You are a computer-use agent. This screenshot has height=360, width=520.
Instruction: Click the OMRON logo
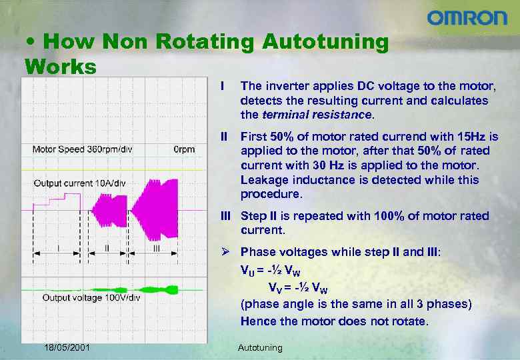(467, 18)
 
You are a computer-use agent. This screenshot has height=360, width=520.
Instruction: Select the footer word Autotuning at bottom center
(260, 347)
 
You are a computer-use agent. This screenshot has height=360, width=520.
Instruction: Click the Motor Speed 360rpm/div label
(82, 149)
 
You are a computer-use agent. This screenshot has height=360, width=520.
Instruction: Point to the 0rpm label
(184, 149)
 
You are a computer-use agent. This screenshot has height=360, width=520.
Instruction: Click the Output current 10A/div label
(79, 183)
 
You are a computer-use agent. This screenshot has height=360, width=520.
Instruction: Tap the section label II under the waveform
(107, 247)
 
